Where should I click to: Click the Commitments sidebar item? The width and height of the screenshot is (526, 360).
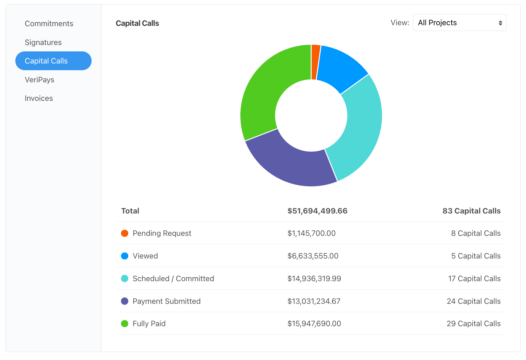click(x=49, y=24)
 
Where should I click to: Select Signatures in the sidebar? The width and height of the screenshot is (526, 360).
click(x=43, y=42)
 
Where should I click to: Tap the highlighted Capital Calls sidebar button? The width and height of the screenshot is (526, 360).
click(x=53, y=61)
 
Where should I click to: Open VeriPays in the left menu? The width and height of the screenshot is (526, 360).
click(x=39, y=80)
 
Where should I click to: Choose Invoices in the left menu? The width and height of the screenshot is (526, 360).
click(x=39, y=98)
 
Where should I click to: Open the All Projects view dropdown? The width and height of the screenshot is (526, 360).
click(x=459, y=23)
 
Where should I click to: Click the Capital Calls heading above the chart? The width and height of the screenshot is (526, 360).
click(x=137, y=23)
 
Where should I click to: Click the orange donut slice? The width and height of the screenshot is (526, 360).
click(x=315, y=62)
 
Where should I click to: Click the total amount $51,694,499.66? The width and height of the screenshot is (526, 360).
click(x=317, y=211)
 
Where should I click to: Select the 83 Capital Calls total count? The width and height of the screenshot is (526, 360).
click(x=471, y=211)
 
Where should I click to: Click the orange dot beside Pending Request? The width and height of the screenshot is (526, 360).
click(x=125, y=233)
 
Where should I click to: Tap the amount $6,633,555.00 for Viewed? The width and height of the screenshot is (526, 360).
click(x=312, y=256)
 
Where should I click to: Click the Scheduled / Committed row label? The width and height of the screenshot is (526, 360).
click(x=173, y=279)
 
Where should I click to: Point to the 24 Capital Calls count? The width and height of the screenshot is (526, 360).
click(x=473, y=301)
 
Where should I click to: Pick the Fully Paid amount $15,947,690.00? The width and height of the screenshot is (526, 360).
click(x=314, y=324)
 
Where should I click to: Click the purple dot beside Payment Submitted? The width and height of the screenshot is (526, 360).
click(x=125, y=301)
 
